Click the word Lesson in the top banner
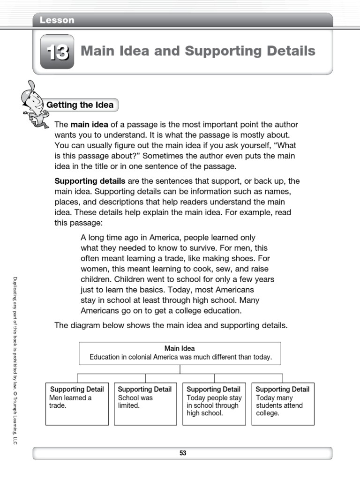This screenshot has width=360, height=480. tap(57, 20)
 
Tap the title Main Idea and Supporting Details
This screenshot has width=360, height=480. tap(198, 51)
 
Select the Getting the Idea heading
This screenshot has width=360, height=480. tap(80, 105)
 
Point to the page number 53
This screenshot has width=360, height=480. tap(182, 453)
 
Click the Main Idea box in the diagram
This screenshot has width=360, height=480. tap(180, 353)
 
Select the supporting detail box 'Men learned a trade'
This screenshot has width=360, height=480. tap(77, 404)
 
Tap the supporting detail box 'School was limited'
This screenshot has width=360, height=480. tap(145, 404)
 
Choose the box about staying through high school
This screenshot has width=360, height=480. tap(214, 404)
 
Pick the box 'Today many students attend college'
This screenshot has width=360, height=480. tap(283, 404)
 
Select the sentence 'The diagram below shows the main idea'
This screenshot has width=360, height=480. tap(171, 325)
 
